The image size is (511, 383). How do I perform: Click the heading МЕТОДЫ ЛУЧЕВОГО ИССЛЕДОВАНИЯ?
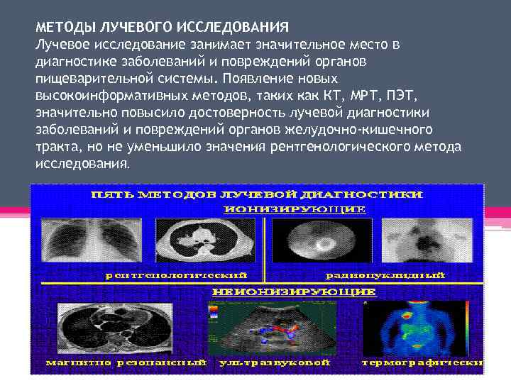click(162, 28)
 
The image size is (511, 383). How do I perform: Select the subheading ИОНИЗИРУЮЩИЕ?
click(295, 209)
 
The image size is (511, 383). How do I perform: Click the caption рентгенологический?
click(176, 275)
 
